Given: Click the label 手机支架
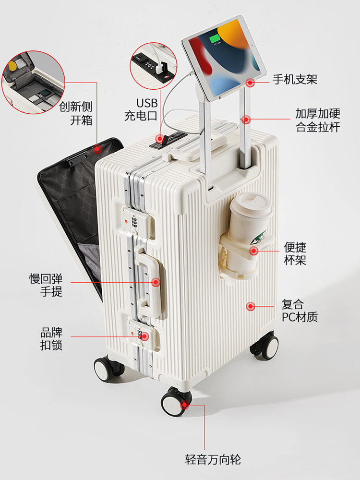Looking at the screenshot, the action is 295,79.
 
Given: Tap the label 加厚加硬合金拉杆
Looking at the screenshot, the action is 317,120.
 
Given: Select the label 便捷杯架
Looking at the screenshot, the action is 295,253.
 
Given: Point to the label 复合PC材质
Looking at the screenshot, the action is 300,311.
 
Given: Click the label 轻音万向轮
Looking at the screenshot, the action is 213,459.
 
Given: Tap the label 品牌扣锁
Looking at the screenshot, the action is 51,338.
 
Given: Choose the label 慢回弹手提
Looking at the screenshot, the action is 46,285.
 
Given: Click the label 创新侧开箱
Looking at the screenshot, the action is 76,113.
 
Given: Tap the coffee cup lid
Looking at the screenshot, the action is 251,206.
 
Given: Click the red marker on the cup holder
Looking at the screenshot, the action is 253,251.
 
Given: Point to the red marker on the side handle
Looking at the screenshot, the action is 156,282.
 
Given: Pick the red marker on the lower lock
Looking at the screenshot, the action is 144,336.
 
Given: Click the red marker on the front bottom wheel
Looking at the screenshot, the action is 185,404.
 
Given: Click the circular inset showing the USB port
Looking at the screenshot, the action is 154,66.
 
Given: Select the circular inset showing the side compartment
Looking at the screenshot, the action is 34,83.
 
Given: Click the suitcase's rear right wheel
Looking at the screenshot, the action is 265,345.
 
